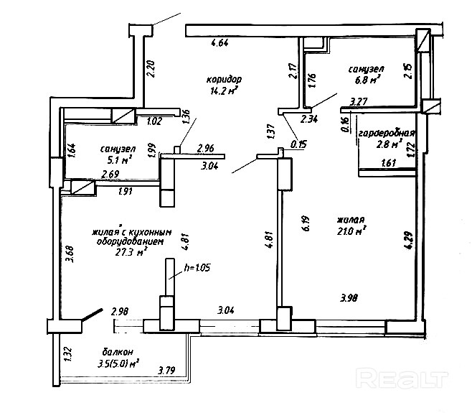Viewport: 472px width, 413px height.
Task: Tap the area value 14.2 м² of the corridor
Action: point(224,91)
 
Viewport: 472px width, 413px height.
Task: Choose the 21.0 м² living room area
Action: point(351,231)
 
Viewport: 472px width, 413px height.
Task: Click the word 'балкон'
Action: point(117,352)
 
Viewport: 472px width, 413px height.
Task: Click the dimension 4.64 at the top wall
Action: point(220,44)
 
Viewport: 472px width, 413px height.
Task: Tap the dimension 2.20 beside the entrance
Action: point(151,68)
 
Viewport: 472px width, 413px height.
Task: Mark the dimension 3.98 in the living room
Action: point(349,297)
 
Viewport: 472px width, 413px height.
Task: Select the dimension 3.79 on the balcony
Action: point(167,371)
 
